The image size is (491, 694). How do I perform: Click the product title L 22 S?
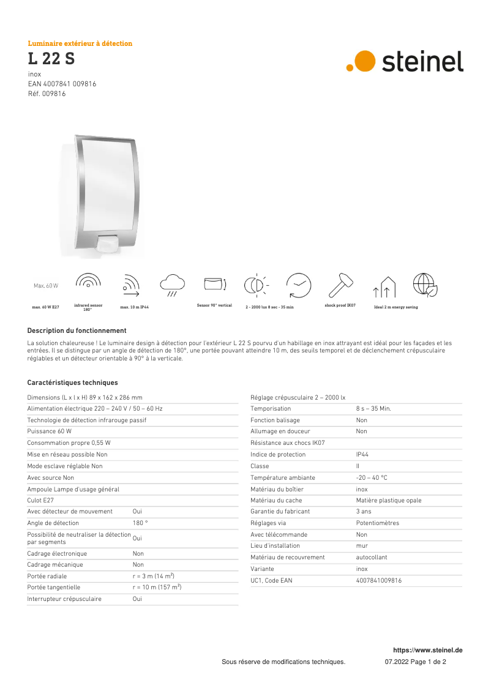click(51, 59)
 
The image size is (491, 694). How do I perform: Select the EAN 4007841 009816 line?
click(62, 84)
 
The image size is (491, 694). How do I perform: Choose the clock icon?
click(299, 285)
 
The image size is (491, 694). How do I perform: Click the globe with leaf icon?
click(424, 285)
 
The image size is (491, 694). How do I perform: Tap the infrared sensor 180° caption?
click(88, 307)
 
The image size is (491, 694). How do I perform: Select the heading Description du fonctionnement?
click(77, 330)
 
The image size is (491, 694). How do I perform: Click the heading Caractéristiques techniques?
click(72, 382)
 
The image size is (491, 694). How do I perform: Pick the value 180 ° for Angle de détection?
click(140, 523)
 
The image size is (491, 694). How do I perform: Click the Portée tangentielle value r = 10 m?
click(157, 587)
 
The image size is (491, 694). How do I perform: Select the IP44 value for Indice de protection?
click(362, 455)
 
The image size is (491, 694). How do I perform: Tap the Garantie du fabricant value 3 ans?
click(364, 511)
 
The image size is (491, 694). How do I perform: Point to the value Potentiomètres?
click(377, 523)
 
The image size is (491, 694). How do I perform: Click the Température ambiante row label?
click(282, 477)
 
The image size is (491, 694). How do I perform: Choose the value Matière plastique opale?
click(388, 500)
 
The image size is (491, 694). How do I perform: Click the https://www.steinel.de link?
click(427, 650)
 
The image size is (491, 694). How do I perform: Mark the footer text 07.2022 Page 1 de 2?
click(415, 662)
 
